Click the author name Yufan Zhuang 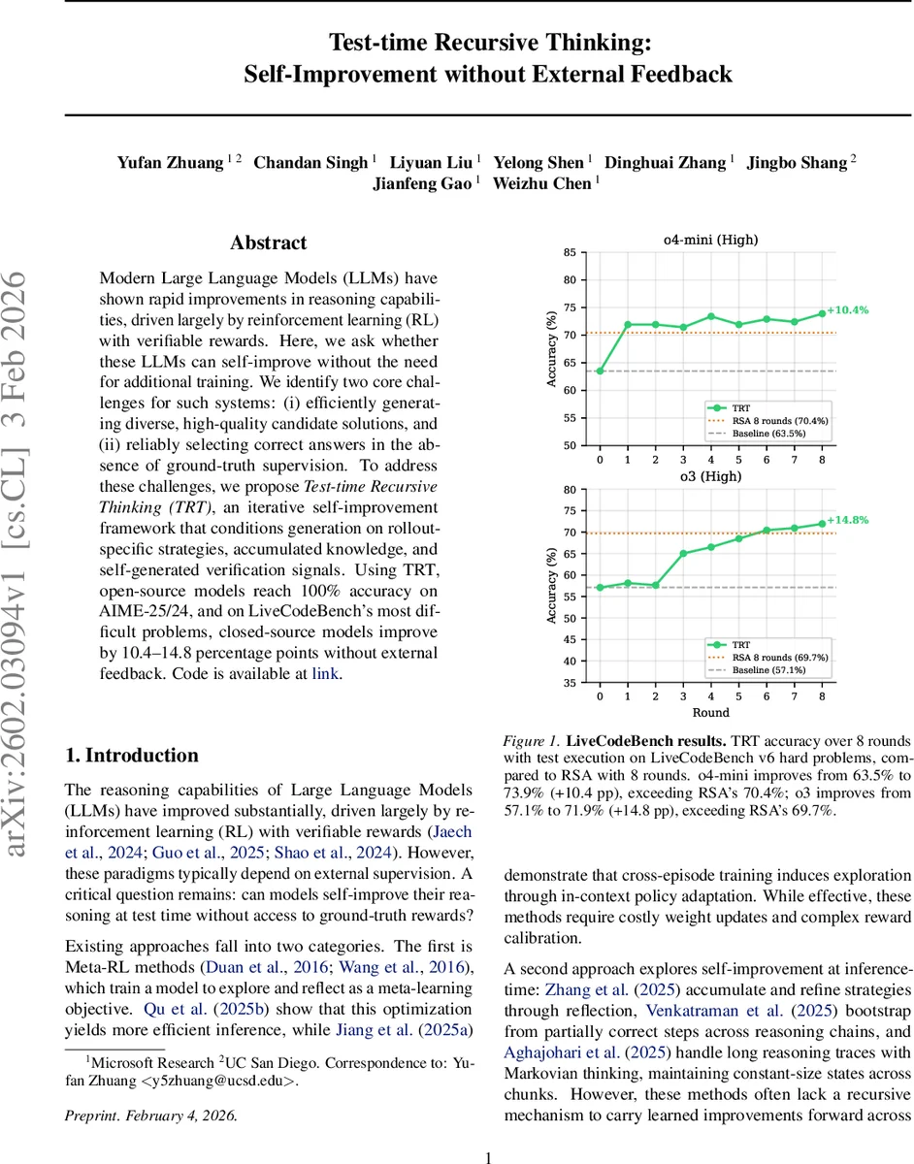(x=169, y=162)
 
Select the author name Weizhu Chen (x=543, y=183)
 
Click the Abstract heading (x=268, y=243)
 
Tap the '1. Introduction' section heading (x=131, y=756)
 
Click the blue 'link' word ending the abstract (x=325, y=673)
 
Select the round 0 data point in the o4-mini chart (x=600, y=371)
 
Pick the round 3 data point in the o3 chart (x=683, y=554)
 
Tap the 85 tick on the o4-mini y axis (x=569, y=253)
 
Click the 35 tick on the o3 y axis (x=569, y=683)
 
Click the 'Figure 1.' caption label (x=531, y=740)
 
